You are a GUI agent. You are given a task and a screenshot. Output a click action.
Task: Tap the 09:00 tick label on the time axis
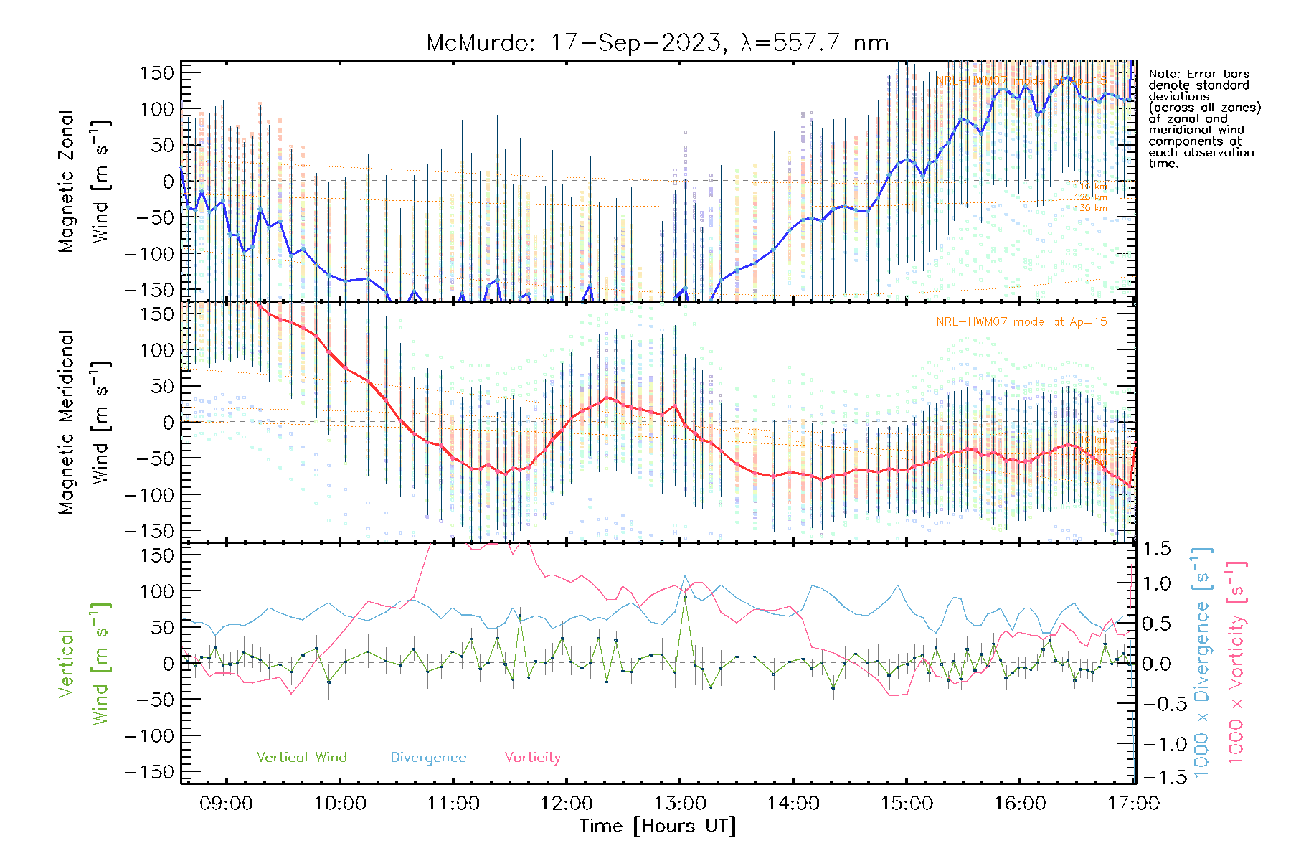coord(226,804)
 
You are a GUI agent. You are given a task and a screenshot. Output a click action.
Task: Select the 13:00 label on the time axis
coord(679,804)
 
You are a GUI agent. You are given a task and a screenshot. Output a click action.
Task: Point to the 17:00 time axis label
coord(1133,804)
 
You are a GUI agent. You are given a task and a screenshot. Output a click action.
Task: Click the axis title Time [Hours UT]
coord(658,826)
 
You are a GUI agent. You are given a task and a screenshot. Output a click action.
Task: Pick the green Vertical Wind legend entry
coord(301,758)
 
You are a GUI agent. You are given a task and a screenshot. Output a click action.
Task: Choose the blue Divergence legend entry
coord(428,758)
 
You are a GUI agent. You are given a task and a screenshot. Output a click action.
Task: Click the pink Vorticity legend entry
coord(532,758)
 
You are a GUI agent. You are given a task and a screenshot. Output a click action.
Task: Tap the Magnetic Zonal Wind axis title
coord(84,181)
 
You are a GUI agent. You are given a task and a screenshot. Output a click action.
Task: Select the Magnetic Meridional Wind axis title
coord(84,422)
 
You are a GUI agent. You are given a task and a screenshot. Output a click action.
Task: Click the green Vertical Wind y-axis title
coord(84,664)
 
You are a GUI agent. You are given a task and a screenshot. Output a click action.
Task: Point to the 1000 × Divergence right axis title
coord(1202,662)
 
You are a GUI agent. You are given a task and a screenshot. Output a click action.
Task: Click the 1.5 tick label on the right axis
coord(1157,549)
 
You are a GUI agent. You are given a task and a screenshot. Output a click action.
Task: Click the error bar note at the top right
coord(1203,118)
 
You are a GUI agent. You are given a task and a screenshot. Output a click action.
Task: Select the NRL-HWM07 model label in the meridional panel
coord(1021,322)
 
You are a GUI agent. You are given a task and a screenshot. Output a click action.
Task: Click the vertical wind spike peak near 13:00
coord(685,596)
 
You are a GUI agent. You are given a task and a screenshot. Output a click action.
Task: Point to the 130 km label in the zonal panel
coord(1090,208)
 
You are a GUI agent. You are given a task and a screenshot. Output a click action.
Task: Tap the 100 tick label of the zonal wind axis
coord(158,109)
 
